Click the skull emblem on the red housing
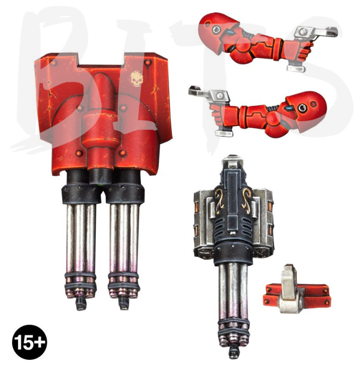pyautogui.click(x=137, y=79)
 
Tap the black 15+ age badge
pyautogui.click(x=29, y=342)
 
